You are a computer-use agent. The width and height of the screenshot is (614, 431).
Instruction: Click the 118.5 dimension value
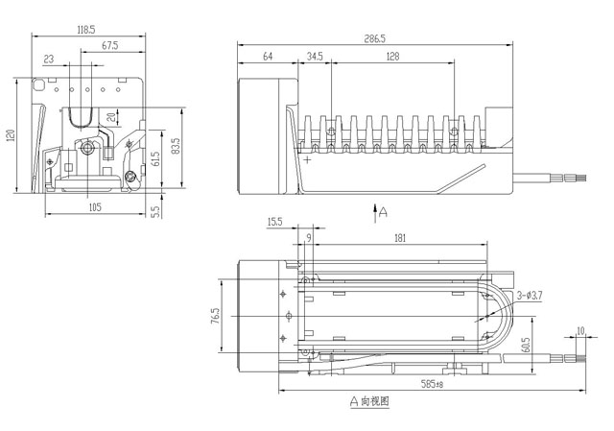(x=86, y=30)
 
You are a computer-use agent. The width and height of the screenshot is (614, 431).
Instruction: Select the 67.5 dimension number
(x=108, y=45)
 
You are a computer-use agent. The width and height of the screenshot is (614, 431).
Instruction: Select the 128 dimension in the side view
(x=392, y=58)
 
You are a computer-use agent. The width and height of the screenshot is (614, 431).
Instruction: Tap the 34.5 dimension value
(x=314, y=58)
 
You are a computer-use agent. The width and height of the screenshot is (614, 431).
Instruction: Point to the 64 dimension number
(x=268, y=58)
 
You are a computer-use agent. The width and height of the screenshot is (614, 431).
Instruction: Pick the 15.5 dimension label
(x=274, y=222)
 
